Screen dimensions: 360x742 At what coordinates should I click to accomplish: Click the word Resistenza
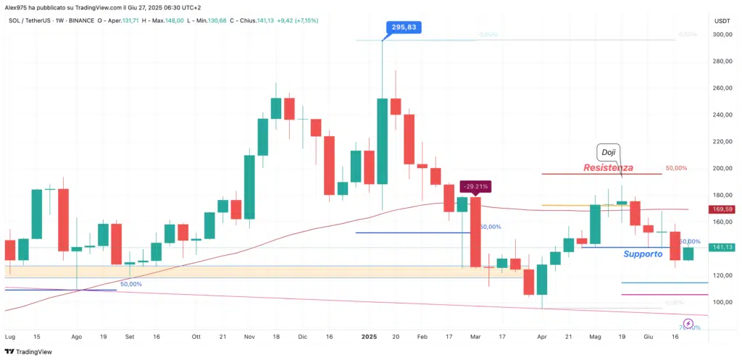coord(609,167)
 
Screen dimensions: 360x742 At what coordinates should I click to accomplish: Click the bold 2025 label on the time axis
coord(369,337)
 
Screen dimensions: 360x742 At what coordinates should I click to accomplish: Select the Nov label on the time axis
coord(249,337)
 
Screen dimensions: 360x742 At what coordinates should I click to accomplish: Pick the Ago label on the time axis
coord(77,337)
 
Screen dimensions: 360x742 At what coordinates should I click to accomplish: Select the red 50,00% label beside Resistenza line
coord(675,168)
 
